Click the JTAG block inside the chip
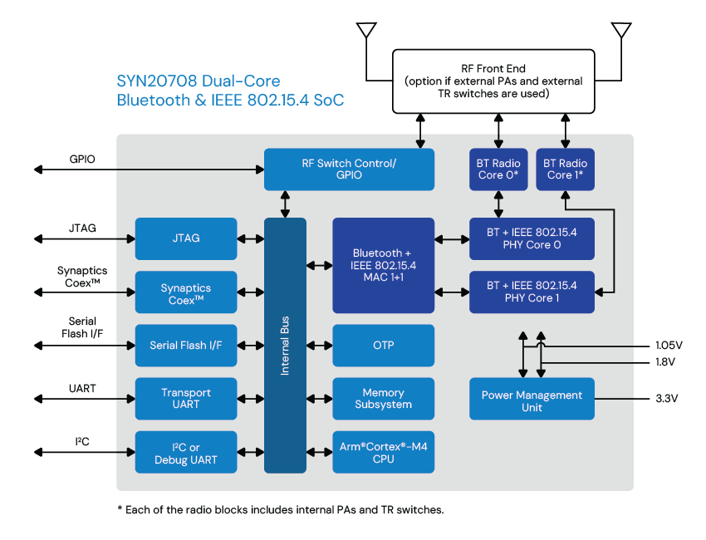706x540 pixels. (186, 238)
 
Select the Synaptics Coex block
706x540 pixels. (186, 292)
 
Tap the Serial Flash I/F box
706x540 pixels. (186, 345)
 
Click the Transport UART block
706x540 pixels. (186, 398)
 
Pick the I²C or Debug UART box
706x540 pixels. (186, 453)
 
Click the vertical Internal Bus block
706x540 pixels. (285, 345)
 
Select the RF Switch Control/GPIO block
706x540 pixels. (349, 169)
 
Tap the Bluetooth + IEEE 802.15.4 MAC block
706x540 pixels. (383, 265)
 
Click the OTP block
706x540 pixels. (383, 345)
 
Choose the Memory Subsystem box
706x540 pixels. (383, 398)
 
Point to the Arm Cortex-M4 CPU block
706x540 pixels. (383, 453)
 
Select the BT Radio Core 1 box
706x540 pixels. (565, 169)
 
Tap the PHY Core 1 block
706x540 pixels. (532, 292)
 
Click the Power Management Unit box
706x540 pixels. (532, 400)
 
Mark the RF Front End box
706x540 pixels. (493, 81)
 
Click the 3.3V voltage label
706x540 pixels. (667, 399)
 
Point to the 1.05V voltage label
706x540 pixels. (669, 344)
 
